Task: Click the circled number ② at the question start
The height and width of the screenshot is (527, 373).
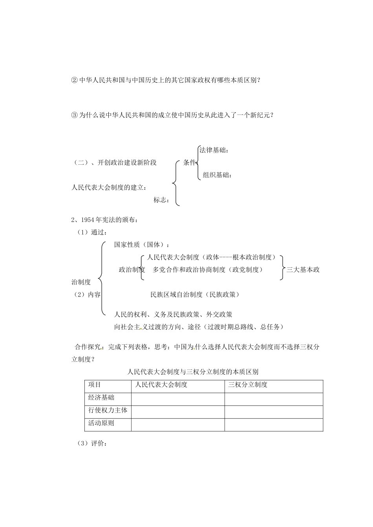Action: pos(75,80)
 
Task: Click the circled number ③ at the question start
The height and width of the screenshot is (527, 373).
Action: pos(75,115)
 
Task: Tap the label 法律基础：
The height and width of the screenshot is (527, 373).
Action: pos(214,150)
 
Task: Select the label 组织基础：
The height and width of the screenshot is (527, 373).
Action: pos(217,175)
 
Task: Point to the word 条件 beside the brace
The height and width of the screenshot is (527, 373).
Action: pos(189,162)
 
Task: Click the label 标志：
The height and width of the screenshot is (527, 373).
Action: pos(162,200)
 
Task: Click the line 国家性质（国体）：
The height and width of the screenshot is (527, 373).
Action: pos(142,245)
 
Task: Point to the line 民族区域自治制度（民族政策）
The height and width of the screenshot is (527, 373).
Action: pos(195,294)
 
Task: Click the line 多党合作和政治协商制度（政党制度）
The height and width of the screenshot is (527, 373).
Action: pos(208,269)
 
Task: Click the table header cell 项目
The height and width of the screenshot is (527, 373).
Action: pos(95,385)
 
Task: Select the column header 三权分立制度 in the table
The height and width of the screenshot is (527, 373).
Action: pos(248,385)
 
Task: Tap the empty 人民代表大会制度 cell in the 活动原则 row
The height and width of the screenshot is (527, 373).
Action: pos(178,425)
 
